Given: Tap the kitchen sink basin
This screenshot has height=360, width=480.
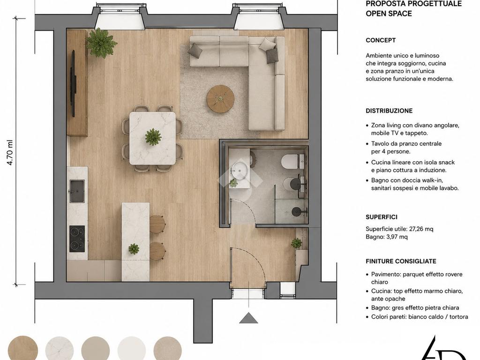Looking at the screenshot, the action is point(76,191).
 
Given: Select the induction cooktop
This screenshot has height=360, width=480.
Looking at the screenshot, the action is point(77,239).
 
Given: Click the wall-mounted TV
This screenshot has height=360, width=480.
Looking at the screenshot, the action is point(73,83).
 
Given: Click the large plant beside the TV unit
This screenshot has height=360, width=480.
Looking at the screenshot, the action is point(101,43).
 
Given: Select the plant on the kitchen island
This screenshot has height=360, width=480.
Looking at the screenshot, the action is point(134,248).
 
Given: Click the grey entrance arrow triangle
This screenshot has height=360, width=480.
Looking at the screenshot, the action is point(248,318).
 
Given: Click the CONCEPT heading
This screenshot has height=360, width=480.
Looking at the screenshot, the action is point(381,40).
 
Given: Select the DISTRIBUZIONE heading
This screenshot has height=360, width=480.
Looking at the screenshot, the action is point(389,111).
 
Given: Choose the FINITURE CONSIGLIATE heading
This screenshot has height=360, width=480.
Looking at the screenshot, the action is point(401,262).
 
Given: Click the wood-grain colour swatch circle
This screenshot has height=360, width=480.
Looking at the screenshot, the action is point(23,348).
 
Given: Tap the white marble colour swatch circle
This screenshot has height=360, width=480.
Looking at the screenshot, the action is point(60,348).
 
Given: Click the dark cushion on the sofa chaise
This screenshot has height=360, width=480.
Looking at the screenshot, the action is point(272,56).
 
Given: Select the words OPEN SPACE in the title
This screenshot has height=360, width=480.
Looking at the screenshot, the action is point(389,14).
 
